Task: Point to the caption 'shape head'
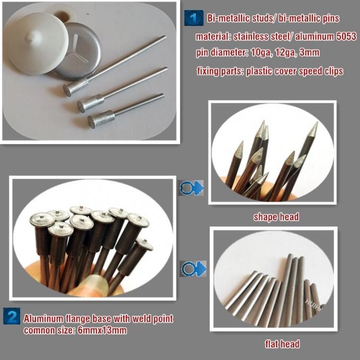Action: pyautogui.click(x=276, y=217)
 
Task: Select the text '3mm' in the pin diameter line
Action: pyautogui.click(x=310, y=53)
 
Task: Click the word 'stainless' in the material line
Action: pyautogui.click(x=248, y=37)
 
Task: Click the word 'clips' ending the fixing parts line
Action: pyautogui.click(x=332, y=71)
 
